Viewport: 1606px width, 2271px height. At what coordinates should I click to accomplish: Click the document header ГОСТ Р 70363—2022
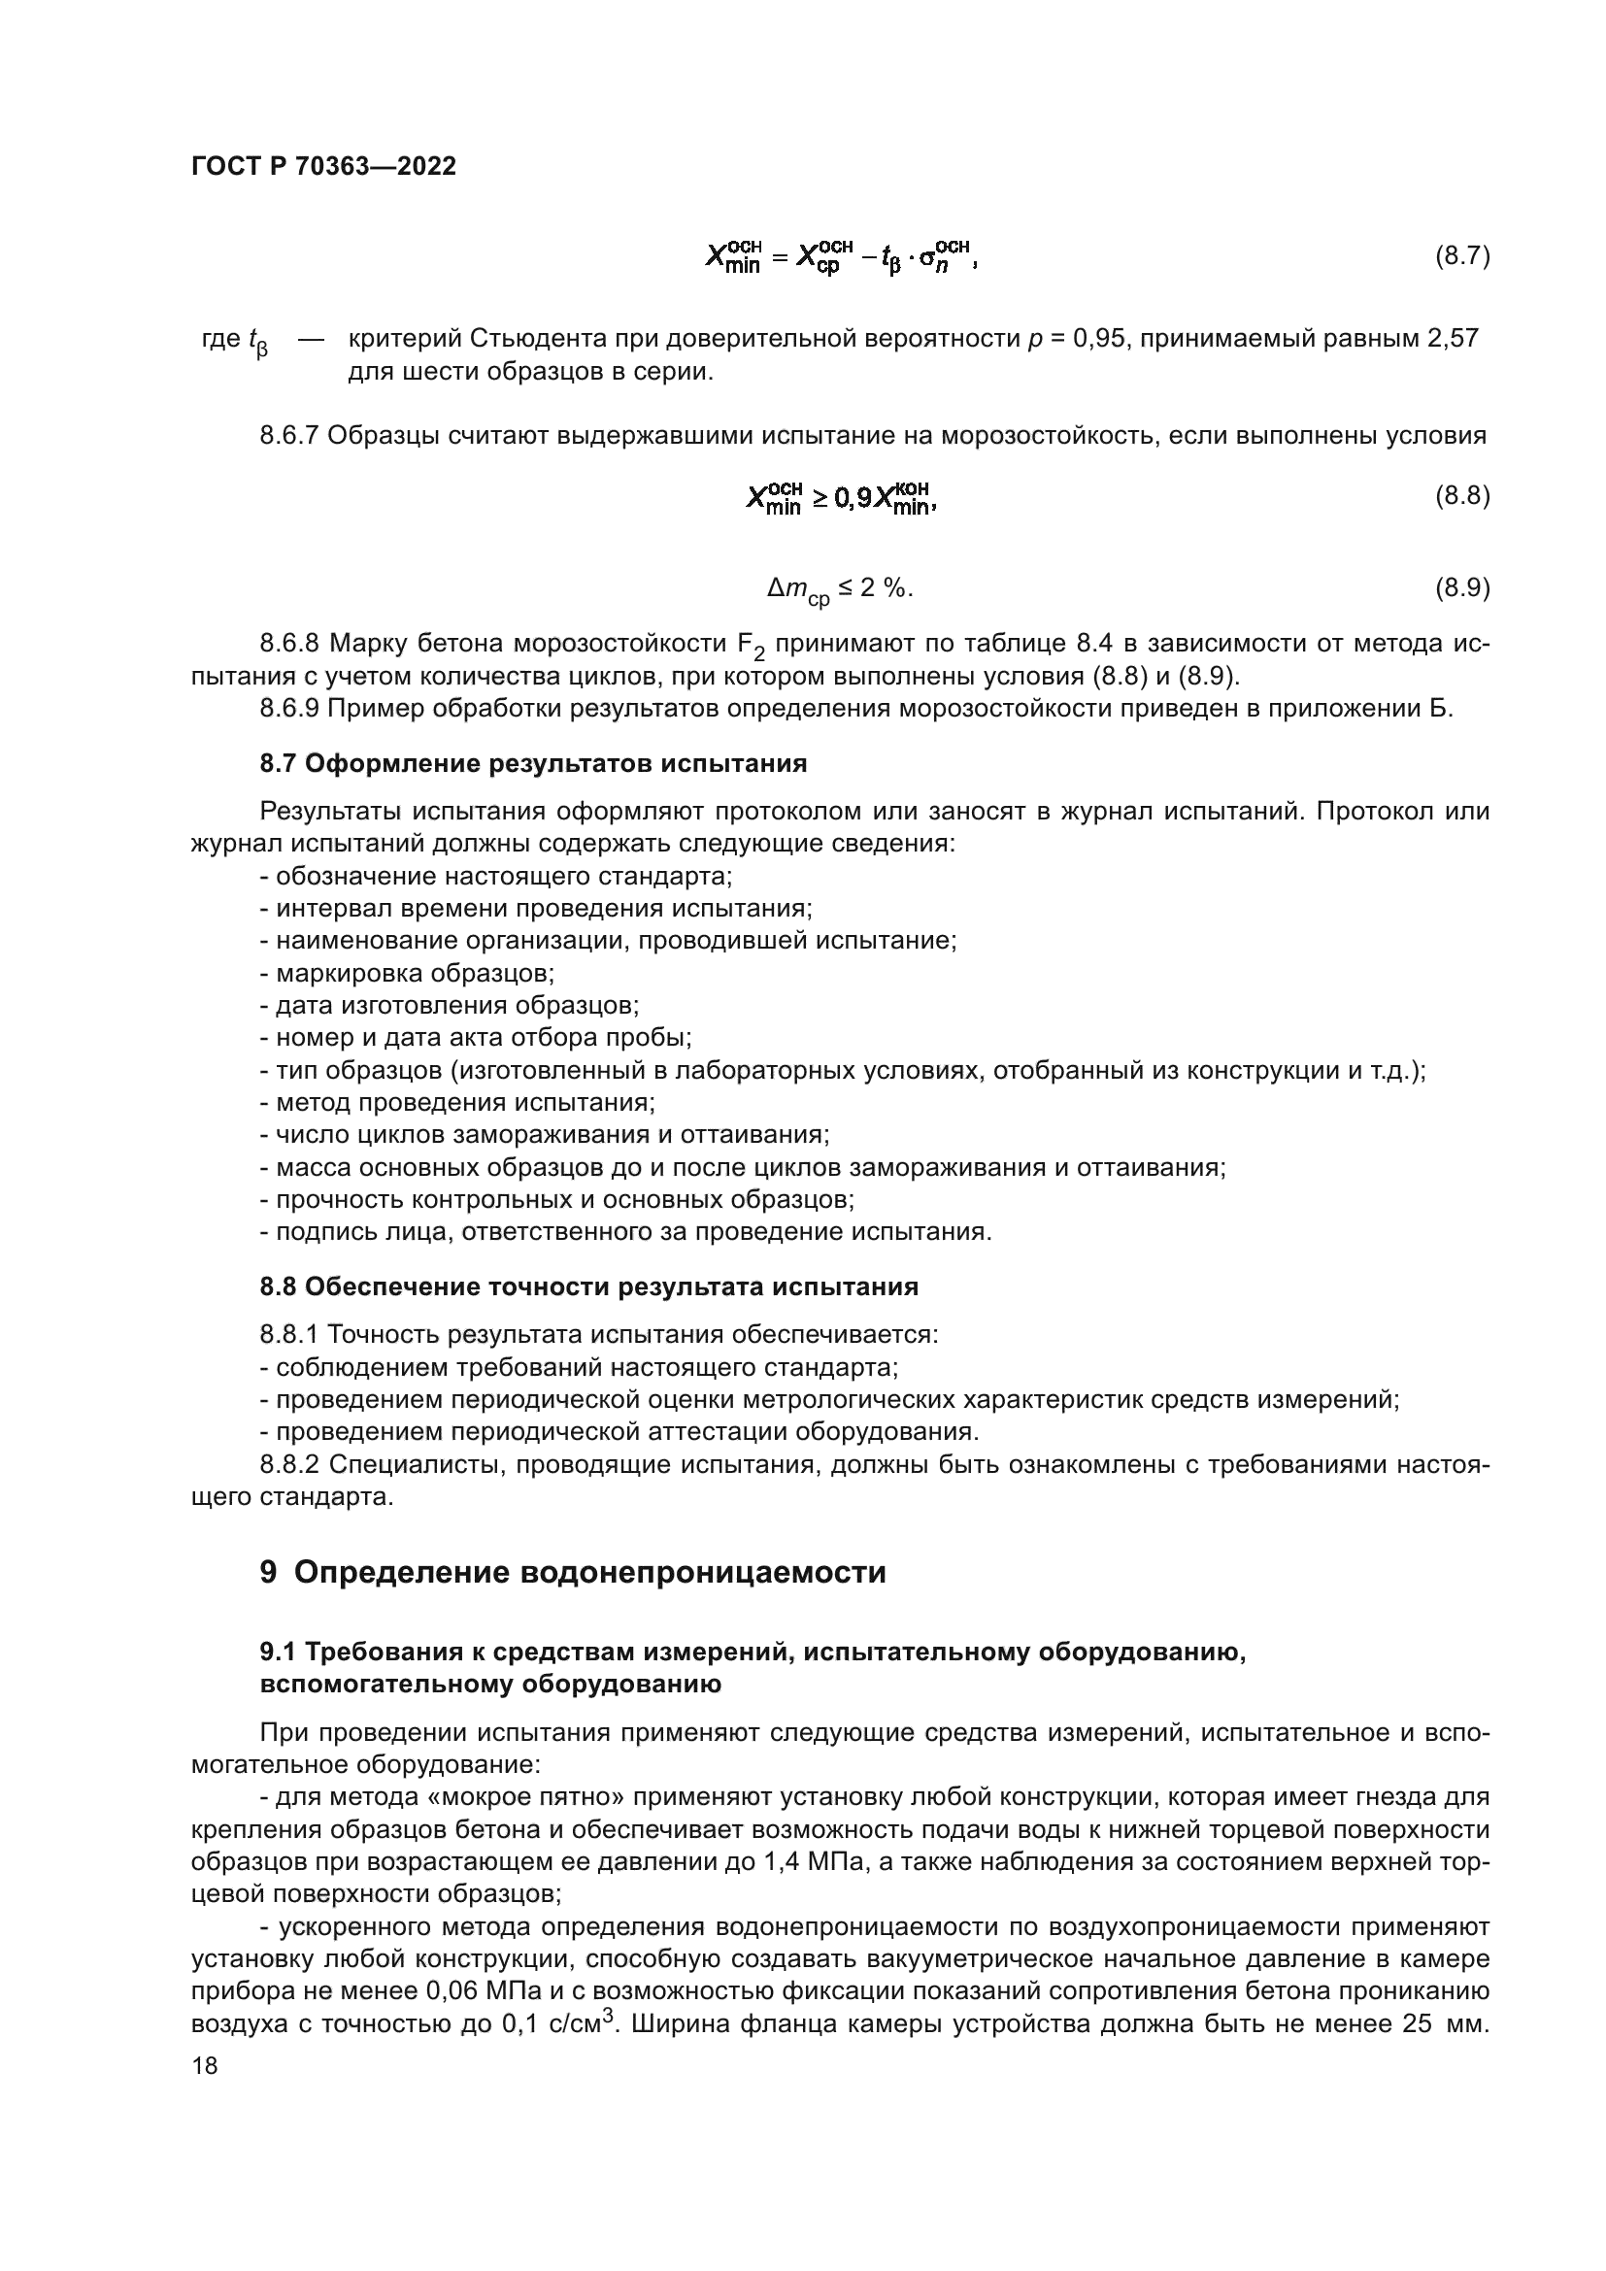(x=323, y=166)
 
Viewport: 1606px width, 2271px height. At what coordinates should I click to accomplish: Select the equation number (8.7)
(x=1461, y=257)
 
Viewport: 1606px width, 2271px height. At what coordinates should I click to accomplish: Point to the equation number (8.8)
(x=1461, y=495)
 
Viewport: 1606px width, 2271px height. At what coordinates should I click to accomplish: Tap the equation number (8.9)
(x=1461, y=587)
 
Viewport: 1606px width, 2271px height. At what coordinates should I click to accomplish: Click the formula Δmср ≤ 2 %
(x=839, y=589)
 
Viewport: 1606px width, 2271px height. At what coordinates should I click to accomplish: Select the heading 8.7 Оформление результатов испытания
(x=533, y=763)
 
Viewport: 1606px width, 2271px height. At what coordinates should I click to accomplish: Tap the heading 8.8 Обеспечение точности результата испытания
(x=588, y=1286)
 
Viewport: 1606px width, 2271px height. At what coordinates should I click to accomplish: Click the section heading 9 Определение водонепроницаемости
(x=573, y=1572)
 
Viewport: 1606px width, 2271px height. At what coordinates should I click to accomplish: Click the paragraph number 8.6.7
(x=288, y=435)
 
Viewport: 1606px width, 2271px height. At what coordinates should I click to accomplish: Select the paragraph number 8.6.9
(x=288, y=708)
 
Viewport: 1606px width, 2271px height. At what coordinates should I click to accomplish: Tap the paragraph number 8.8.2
(x=288, y=1464)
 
